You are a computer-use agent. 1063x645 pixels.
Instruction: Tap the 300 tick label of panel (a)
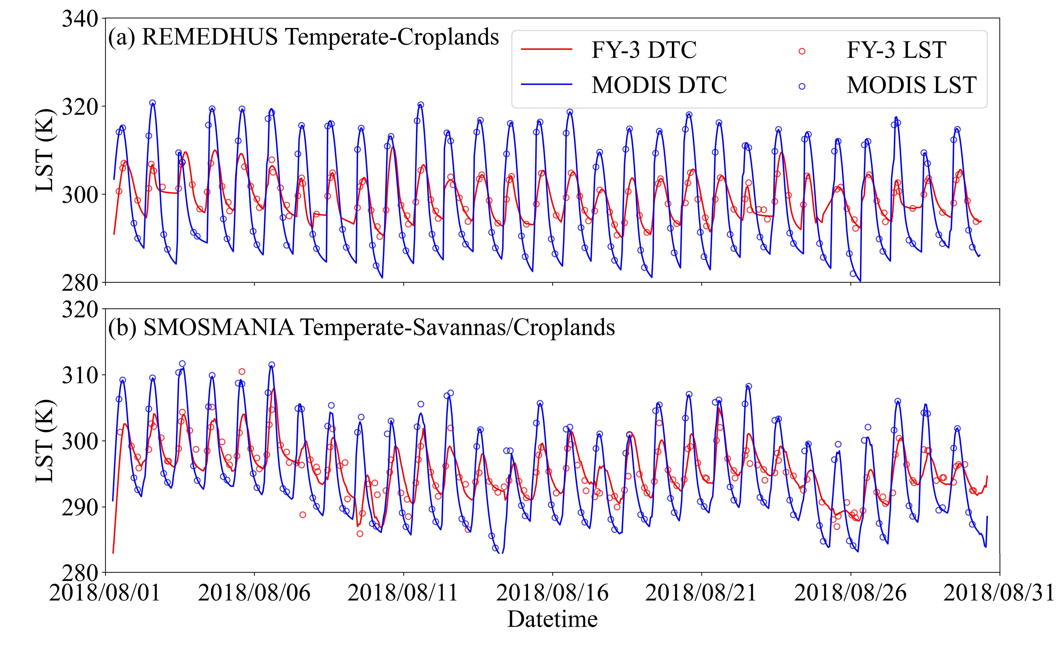click(81, 194)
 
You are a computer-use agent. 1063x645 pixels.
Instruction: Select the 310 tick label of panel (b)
click(81, 375)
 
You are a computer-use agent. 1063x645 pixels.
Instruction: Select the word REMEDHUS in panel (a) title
click(210, 37)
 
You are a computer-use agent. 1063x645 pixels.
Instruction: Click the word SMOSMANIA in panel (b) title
click(219, 328)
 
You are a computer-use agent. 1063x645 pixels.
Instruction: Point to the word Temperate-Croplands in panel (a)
click(392, 37)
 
